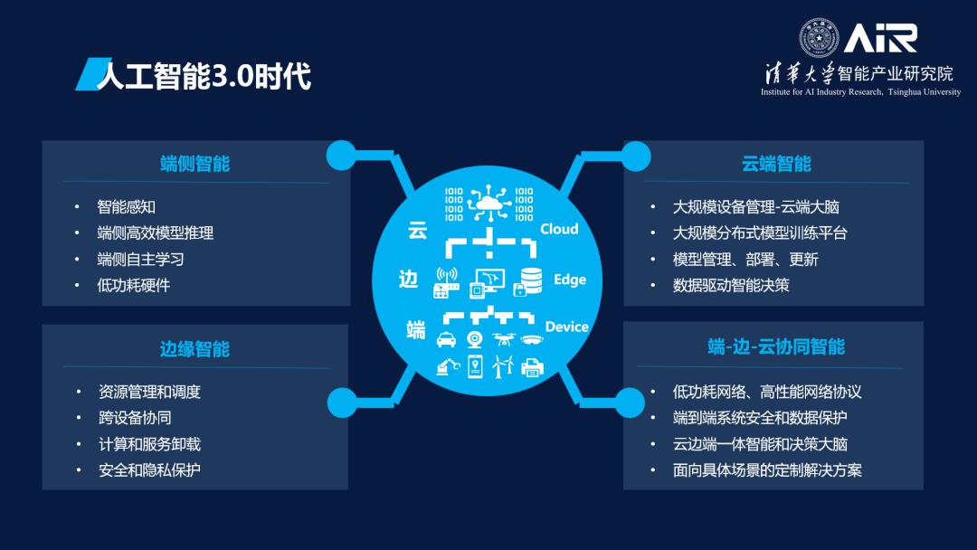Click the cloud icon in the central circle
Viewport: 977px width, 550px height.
click(x=489, y=203)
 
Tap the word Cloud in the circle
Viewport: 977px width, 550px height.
click(x=559, y=229)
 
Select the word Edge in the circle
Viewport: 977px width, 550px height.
click(x=570, y=280)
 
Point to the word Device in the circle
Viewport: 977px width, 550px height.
click(x=566, y=327)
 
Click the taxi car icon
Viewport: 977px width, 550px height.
click(x=446, y=340)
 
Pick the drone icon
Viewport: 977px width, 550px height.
click(x=503, y=339)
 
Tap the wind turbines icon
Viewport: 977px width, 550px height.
click(x=503, y=367)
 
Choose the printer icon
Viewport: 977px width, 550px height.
click(x=532, y=367)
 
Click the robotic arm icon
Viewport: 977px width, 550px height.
click(x=448, y=367)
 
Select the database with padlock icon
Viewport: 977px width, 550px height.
click(x=527, y=281)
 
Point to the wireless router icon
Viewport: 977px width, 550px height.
click(x=446, y=282)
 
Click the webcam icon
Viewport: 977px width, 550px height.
click(x=475, y=340)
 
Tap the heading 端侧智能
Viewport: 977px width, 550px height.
click(x=195, y=164)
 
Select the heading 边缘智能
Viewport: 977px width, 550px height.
click(x=195, y=349)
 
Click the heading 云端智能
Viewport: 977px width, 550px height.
click(x=776, y=164)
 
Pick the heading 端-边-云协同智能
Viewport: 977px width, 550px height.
click(x=776, y=346)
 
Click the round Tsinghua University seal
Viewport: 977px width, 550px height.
click(x=819, y=38)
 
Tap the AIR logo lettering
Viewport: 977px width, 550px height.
click(x=880, y=38)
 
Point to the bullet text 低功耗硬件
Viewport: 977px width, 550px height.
click(x=133, y=285)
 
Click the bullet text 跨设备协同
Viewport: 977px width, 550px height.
click(x=135, y=418)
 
